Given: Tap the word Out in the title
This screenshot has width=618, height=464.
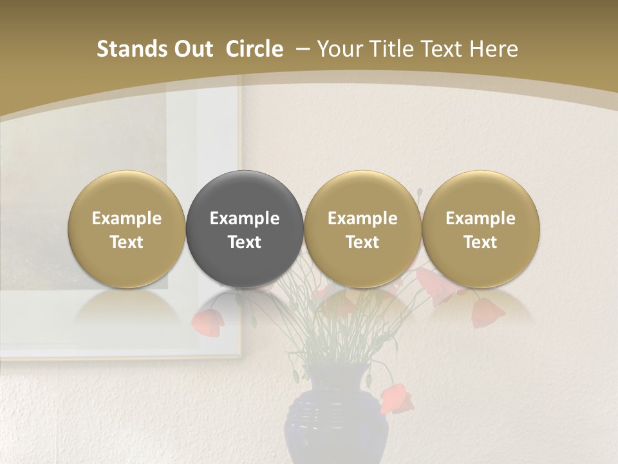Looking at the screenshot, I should tap(192, 49).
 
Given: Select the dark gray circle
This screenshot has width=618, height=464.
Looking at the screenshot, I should tap(245, 229).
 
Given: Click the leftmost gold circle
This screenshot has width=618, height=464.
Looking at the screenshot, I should tap(127, 229).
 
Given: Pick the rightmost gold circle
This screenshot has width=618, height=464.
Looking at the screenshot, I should tap(480, 229).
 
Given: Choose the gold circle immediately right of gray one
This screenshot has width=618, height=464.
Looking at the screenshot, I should tap(362, 229).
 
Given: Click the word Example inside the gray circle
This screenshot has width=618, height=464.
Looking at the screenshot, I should tap(245, 218).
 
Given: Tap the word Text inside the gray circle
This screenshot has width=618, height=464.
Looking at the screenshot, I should tap(245, 242).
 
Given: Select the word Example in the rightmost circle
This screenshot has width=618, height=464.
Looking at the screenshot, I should tap(480, 218).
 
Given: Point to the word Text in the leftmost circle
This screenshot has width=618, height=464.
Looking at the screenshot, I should tap(127, 242).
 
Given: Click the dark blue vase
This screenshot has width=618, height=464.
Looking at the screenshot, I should tap(335, 419).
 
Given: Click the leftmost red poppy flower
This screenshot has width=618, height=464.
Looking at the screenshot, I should tap(205, 321).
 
